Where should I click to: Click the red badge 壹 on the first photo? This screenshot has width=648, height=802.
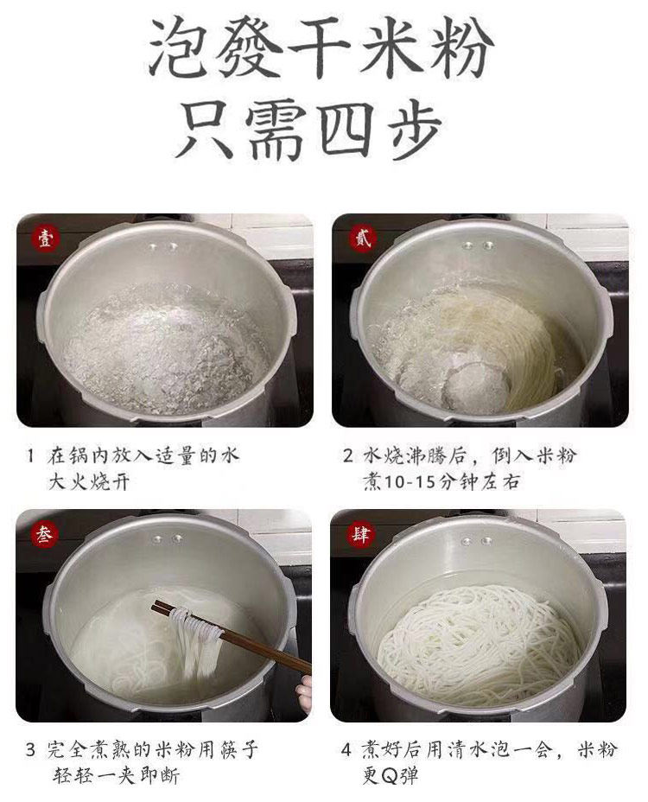click(46, 239)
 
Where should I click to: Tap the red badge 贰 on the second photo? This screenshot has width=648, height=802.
click(363, 239)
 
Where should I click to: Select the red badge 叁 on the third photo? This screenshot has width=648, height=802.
click(44, 534)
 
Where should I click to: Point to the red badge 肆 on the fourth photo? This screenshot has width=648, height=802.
click(360, 534)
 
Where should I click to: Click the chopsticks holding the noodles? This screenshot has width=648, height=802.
click(231, 637)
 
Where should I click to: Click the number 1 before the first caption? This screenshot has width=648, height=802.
click(31, 455)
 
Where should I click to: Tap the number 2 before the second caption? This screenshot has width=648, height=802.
click(348, 455)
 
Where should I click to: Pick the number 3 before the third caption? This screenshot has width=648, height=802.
click(31, 750)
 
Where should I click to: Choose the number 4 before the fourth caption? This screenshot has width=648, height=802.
click(346, 750)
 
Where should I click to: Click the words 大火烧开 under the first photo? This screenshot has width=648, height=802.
click(89, 482)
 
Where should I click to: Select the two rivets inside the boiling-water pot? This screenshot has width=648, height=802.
click(163, 247)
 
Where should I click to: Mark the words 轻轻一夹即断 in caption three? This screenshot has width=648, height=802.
click(116, 776)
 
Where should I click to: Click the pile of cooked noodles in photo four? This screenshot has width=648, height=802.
click(480, 646)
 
